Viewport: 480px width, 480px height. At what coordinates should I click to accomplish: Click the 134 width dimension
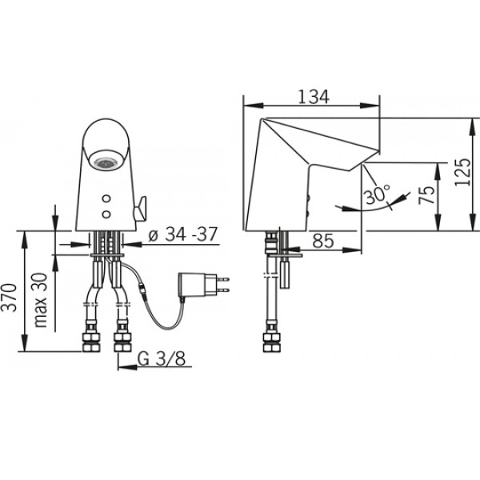[x=314, y=97]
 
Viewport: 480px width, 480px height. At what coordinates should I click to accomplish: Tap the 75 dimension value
[x=426, y=195]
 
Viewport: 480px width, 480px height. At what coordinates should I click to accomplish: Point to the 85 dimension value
[x=323, y=241]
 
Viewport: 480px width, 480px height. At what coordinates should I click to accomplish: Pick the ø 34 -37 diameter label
[x=182, y=234]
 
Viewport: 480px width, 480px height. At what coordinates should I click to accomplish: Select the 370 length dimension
[x=9, y=298]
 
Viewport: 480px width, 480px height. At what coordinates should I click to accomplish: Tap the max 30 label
[x=41, y=300]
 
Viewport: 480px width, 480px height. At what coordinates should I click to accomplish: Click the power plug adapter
[x=203, y=284]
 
